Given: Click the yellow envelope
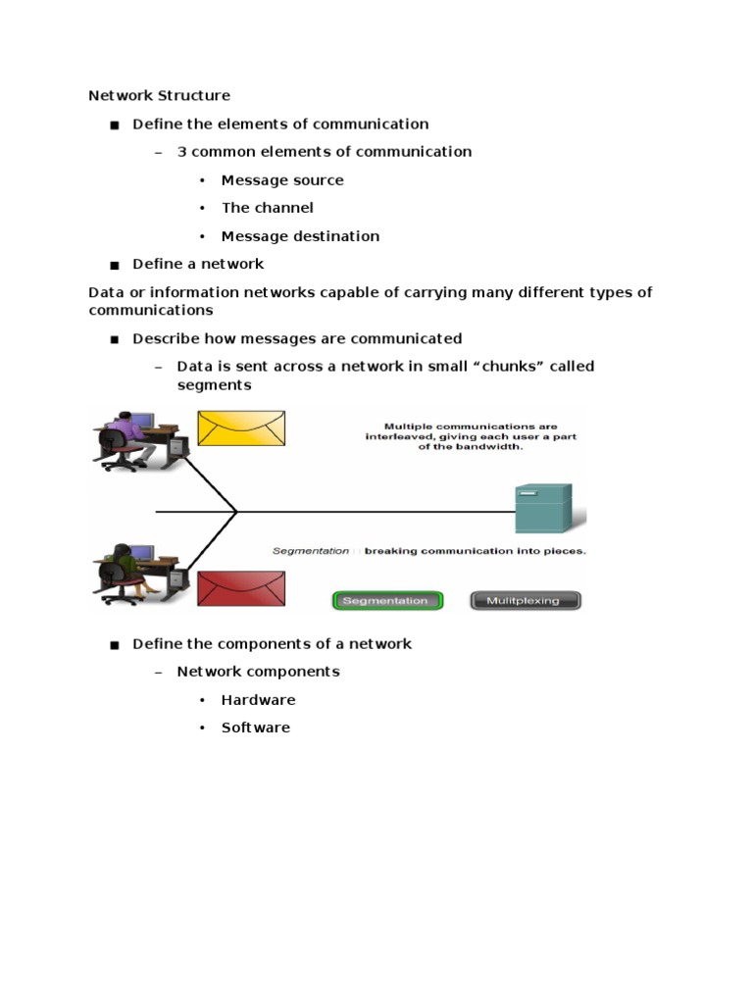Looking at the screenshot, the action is click(x=241, y=428).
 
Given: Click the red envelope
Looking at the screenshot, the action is click(x=241, y=588).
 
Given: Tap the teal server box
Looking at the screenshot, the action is click(x=543, y=509).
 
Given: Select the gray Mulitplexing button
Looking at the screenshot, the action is click(x=526, y=601).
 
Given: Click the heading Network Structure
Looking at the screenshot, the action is click(x=160, y=95).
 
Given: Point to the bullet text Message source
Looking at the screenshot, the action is click(x=282, y=180).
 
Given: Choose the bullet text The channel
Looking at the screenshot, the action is click(x=268, y=208).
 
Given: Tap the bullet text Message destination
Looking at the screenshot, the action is click(x=300, y=236).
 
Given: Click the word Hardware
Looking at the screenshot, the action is click(x=259, y=700).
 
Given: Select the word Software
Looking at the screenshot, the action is click(x=256, y=728).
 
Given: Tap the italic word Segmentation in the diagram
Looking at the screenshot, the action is click(x=311, y=551).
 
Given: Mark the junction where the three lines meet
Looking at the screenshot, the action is click(x=236, y=512).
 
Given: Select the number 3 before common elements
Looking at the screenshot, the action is click(x=181, y=152).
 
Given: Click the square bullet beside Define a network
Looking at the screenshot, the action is click(x=115, y=265).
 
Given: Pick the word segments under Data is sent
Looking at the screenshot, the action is click(x=215, y=385).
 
